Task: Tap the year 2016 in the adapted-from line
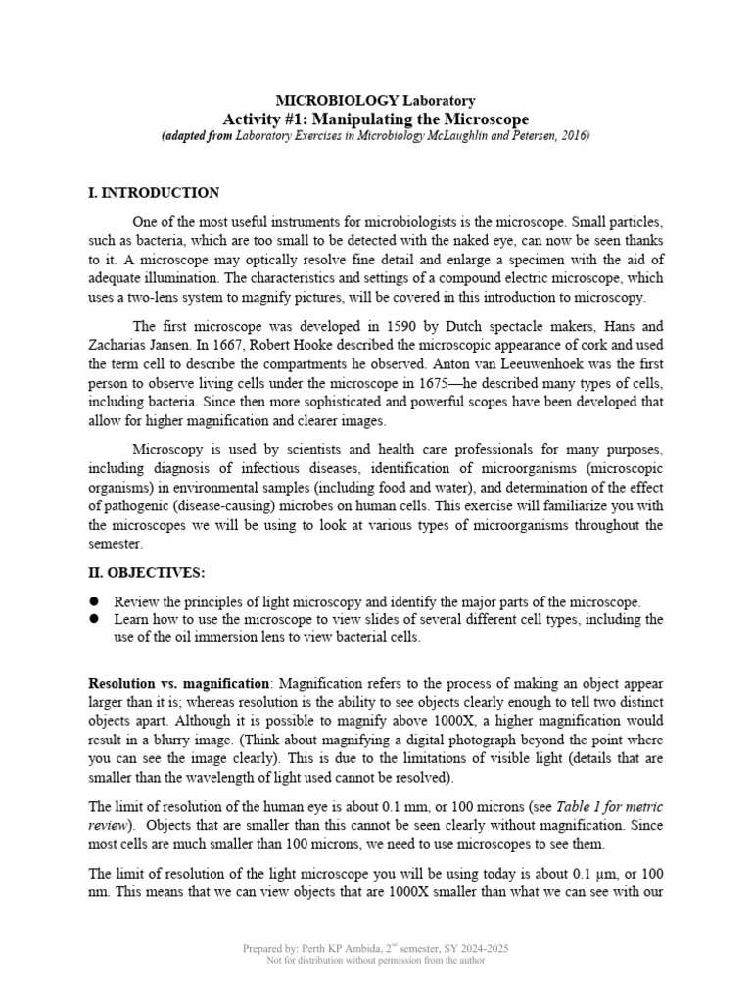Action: point(573,136)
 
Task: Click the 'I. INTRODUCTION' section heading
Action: point(154,193)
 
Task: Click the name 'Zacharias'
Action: point(119,346)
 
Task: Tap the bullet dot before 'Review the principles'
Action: point(95,601)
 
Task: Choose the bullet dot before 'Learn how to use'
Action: point(95,620)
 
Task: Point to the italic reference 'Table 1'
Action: point(581,807)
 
